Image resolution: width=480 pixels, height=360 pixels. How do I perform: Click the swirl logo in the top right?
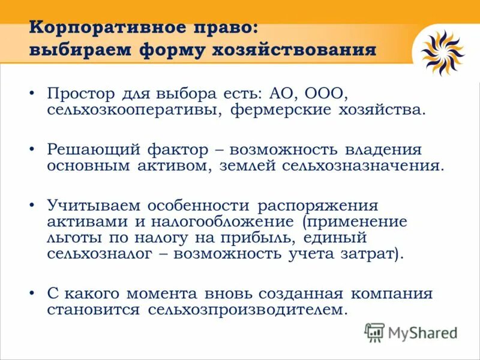(443, 53)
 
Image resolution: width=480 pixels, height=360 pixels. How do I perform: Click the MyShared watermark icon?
(375, 332)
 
